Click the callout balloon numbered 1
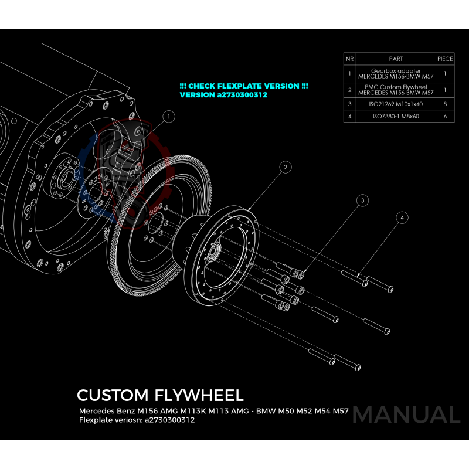[x=169, y=117]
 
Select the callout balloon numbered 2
[x=286, y=168]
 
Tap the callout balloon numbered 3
[x=363, y=200]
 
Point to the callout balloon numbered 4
[x=402, y=217]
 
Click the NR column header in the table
[x=350, y=59]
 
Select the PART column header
[x=396, y=59]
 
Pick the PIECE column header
[x=445, y=59]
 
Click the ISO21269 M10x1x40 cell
[x=396, y=104]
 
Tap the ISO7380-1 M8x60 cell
[x=396, y=117]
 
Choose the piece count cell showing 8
[x=445, y=104]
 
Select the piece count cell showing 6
[x=445, y=117]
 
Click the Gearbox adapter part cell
[x=396, y=74]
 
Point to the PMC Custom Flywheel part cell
[x=396, y=90]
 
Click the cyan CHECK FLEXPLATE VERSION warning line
[x=244, y=86]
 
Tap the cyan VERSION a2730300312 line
[x=223, y=94]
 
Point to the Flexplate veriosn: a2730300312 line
[x=137, y=420]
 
